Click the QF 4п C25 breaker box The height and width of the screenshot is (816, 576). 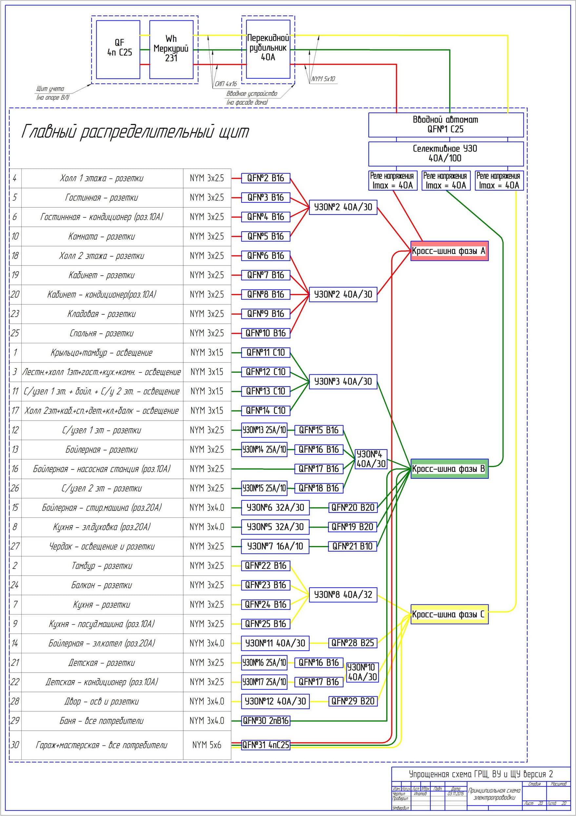pyautogui.click(x=118, y=50)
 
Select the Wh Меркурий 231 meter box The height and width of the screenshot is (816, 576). pyautogui.click(x=171, y=50)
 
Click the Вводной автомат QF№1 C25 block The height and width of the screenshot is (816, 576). pyautogui.click(x=446, y=125)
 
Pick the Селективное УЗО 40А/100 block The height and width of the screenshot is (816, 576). pyautogui.click(x=446, y=154)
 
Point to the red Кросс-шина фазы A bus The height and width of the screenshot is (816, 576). pyautogui.click(x=449, y=251)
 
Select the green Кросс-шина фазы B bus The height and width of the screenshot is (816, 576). pyautogui.click(x=449, y=469)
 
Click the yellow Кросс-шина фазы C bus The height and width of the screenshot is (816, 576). pyautogui.click(x=449, y=614)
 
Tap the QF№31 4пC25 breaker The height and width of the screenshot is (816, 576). pyautogui.click(x=266, y=744)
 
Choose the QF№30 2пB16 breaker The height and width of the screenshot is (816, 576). pyautogui.click(x=266, y=721)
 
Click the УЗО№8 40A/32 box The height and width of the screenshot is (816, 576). pyautogui.click(x=343, y=595)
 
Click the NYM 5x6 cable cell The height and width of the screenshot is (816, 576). pyautogui.click(x=207, y=744)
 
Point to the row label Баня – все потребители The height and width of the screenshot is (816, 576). pyautogui.click(x=102, y=721)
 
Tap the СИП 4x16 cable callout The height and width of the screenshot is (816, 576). pyautogui.click(x=226, y=84)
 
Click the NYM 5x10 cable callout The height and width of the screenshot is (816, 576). pyautogui.click(x=323, y=79)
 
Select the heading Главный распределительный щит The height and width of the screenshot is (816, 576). pyautogui.click(x=135, y=132)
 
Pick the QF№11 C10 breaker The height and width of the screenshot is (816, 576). pyautogui.click(x=266, y=353)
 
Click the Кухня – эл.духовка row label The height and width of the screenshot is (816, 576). pyautogui.click(x=102, y=527)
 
